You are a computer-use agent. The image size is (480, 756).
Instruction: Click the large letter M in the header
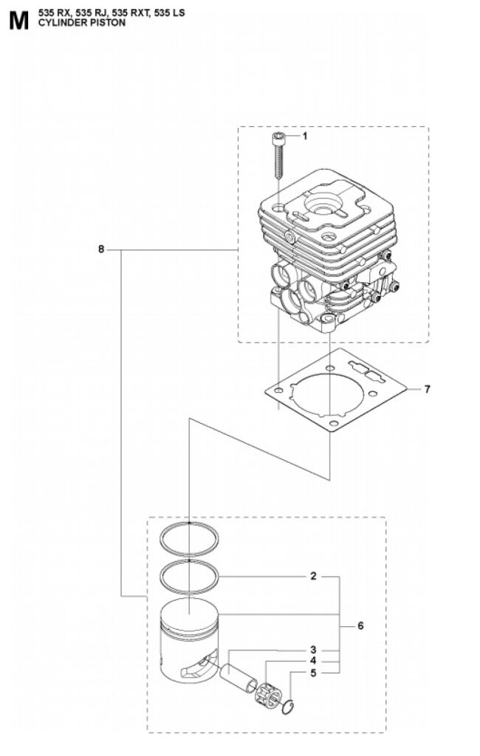pos(18,21)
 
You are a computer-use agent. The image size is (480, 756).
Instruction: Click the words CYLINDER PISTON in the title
pos(81,23)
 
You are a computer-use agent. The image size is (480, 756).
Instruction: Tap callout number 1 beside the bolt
pos(304,136)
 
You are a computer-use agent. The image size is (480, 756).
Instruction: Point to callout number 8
pos(101,250)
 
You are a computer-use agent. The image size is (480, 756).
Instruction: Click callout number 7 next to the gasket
pos(427,389)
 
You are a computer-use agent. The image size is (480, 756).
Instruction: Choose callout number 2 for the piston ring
pos(313,576)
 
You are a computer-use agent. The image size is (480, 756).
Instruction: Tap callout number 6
pos(360,626)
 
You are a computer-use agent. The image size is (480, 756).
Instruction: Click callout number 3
pos(313,649)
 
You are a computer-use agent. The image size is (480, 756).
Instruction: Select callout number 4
pos(313,661)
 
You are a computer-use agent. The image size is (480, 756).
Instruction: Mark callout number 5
pos(313,673)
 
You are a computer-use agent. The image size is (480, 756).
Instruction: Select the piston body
pos(190,642)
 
